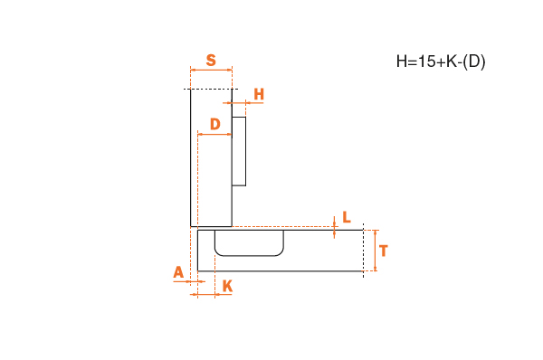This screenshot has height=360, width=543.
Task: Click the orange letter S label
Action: pos(211,61)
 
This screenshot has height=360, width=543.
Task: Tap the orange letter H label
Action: pos(259,94)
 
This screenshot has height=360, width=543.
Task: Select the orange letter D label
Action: pos(215,124)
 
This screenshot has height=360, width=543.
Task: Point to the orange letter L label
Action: pos(347,217)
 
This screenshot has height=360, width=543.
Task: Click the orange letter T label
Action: pos(384,251)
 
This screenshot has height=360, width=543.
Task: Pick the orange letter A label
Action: pos(178,272)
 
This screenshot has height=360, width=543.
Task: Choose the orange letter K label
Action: pos(227,286)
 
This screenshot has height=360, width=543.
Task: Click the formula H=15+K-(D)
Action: pos(441,62)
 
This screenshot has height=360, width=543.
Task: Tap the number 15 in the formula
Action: pos(426,62)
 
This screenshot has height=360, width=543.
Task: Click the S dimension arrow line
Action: pos(211,70)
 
